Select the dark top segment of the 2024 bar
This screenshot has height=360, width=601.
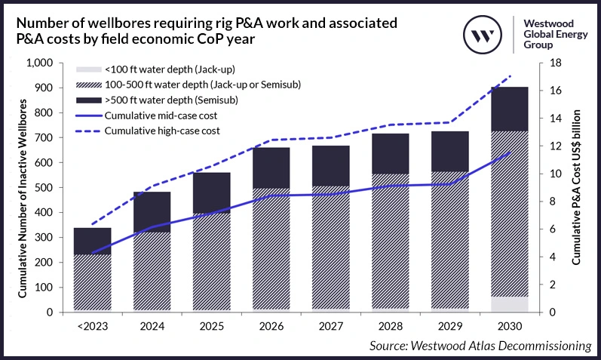point(152,211)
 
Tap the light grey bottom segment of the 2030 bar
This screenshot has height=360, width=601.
point(509,304)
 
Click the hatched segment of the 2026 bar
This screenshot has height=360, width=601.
point(271,249)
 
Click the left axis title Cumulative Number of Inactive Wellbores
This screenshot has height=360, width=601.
point(22,188)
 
